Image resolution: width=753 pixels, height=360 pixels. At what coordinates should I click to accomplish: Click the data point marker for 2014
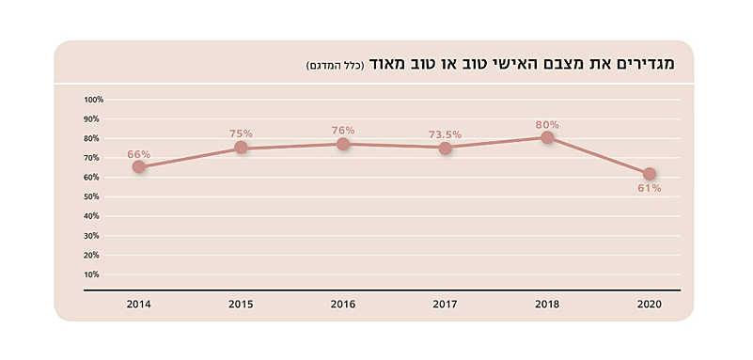[139, 166]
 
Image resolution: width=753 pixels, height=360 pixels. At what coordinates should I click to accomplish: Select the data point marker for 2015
[241, 148]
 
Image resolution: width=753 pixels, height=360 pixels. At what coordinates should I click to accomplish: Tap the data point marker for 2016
[343, 144]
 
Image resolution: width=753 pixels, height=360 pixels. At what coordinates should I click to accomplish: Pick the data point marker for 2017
[446, 148]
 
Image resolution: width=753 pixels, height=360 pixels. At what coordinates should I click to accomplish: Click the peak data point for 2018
[547, 137]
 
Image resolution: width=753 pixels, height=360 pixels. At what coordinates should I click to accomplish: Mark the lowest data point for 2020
[650, 174]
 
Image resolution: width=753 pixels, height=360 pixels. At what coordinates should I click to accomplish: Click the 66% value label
[139, 153]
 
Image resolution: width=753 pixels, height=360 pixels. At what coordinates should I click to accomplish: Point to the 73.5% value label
[446, 134]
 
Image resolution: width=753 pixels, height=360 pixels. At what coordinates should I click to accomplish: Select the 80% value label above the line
[547, 124]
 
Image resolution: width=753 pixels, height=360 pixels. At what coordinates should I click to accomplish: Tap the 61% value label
[650, 188]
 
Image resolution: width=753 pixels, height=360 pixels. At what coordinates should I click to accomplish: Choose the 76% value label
[343, 131]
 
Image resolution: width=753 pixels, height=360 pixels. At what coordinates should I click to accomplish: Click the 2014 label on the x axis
[139, 305]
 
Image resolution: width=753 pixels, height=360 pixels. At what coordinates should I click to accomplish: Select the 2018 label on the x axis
[547, 305]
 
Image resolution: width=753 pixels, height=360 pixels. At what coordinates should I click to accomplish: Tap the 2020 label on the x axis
[650, 305]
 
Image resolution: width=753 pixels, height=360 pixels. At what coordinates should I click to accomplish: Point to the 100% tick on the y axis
[93, 100]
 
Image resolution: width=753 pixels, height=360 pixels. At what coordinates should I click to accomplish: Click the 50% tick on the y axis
[93, 196]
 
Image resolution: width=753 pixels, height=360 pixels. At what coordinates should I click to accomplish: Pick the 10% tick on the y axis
[93, 274]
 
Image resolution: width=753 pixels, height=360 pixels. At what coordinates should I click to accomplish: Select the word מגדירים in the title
[653, 64]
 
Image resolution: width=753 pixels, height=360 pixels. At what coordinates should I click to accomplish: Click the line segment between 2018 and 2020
[599, 156]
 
